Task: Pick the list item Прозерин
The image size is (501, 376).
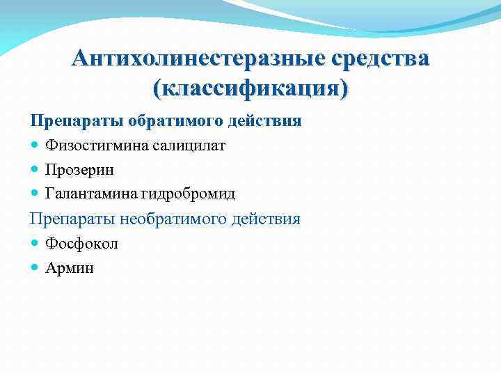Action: pyautogui.click(x=79, y=169)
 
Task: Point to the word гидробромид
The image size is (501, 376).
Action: pyautogui.click(x=186, y=193)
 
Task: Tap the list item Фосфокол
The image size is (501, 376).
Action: pyautogui.click(x=81, y=244)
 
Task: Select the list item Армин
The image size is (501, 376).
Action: pyautogui.click(x=70, y=267)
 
